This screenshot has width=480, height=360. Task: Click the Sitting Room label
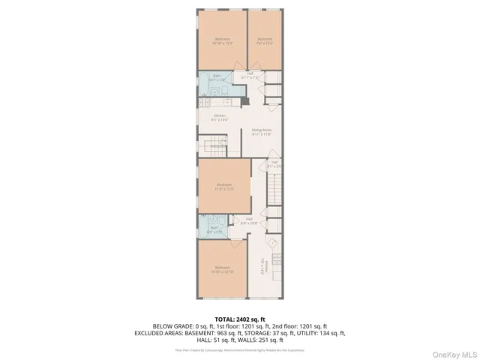262,131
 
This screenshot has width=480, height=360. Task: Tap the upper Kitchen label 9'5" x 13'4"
220,117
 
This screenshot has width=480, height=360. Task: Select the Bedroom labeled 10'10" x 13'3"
222,40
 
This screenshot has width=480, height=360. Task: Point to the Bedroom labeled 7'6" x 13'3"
265,40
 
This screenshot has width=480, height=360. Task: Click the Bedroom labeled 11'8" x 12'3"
224,186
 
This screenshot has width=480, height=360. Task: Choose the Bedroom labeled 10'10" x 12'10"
222,269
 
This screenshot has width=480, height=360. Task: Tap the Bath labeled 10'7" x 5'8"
216,77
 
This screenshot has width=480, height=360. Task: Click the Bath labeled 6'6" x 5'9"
214,230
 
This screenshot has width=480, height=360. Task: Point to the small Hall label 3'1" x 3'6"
274,163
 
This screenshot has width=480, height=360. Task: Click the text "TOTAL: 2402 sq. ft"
239,319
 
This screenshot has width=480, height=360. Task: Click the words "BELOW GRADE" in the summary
169,326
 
